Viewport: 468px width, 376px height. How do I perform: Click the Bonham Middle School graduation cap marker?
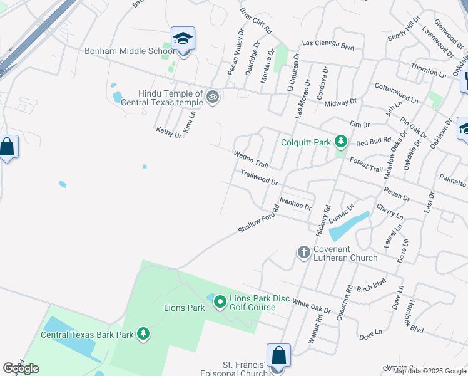[183, 39]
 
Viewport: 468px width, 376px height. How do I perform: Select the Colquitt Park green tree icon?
[340, 142]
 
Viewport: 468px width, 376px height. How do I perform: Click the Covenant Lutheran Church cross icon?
[303, 252]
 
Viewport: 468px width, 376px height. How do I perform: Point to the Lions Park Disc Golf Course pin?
[220, 303]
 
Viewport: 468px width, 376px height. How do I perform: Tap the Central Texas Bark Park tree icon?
[143, 334]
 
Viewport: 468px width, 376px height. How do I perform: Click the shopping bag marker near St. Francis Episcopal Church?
[278, 356]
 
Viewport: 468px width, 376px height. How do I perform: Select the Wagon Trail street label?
[251, 159]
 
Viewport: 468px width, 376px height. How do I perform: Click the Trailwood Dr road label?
[259, 177]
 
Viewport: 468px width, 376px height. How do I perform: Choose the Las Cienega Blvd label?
[328, 45]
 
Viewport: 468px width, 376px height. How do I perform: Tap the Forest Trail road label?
[366, 164]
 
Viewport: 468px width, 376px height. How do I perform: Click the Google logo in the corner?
[21, 368]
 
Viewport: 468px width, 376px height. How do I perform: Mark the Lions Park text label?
[185, 308]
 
